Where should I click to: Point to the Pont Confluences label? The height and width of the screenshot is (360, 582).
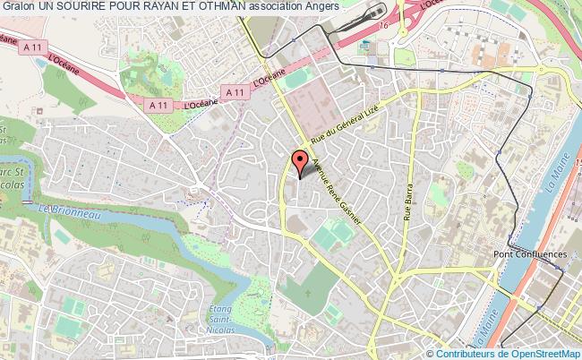[531, 254]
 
